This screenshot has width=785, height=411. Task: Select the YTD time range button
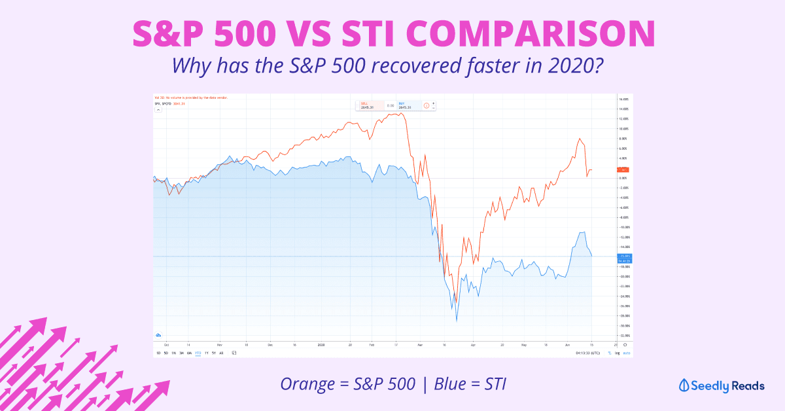click(x=198, y=353)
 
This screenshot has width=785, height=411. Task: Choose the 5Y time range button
click(x=213, y=353)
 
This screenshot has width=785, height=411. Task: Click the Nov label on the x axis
click(x=219, y=344)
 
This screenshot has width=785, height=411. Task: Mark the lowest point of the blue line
click(x=457, y=321)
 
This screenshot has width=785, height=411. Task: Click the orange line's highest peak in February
click(x=400, y=113)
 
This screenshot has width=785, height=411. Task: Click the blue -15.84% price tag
click(x=623, y=256)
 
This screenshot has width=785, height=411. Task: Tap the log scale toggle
click(x=616, y=353)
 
